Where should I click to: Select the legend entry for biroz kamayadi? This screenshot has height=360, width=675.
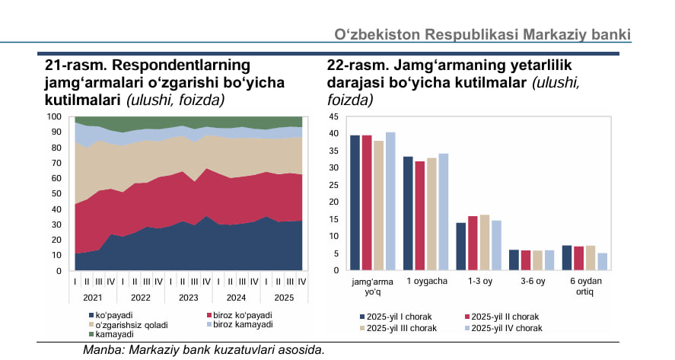click(240, 324)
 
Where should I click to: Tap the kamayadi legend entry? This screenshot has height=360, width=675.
click(115, 334)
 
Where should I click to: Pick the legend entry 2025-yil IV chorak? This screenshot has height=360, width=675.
click(505, 328)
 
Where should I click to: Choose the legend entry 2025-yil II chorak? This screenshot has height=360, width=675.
click(505, 316)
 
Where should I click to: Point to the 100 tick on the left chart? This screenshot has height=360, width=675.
click(54, 116)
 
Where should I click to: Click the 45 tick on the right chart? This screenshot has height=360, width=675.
click(333, 116)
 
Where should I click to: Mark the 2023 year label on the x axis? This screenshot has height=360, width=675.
click(189, 297)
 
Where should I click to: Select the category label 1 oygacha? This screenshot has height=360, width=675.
click(426, 282)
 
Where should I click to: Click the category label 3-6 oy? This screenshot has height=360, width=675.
click(532, 282)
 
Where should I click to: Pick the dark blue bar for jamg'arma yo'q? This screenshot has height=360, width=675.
click(355, 202)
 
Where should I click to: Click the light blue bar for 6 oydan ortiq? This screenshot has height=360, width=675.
click(603, 262)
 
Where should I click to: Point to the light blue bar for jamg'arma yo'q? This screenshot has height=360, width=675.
click(390, 201)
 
